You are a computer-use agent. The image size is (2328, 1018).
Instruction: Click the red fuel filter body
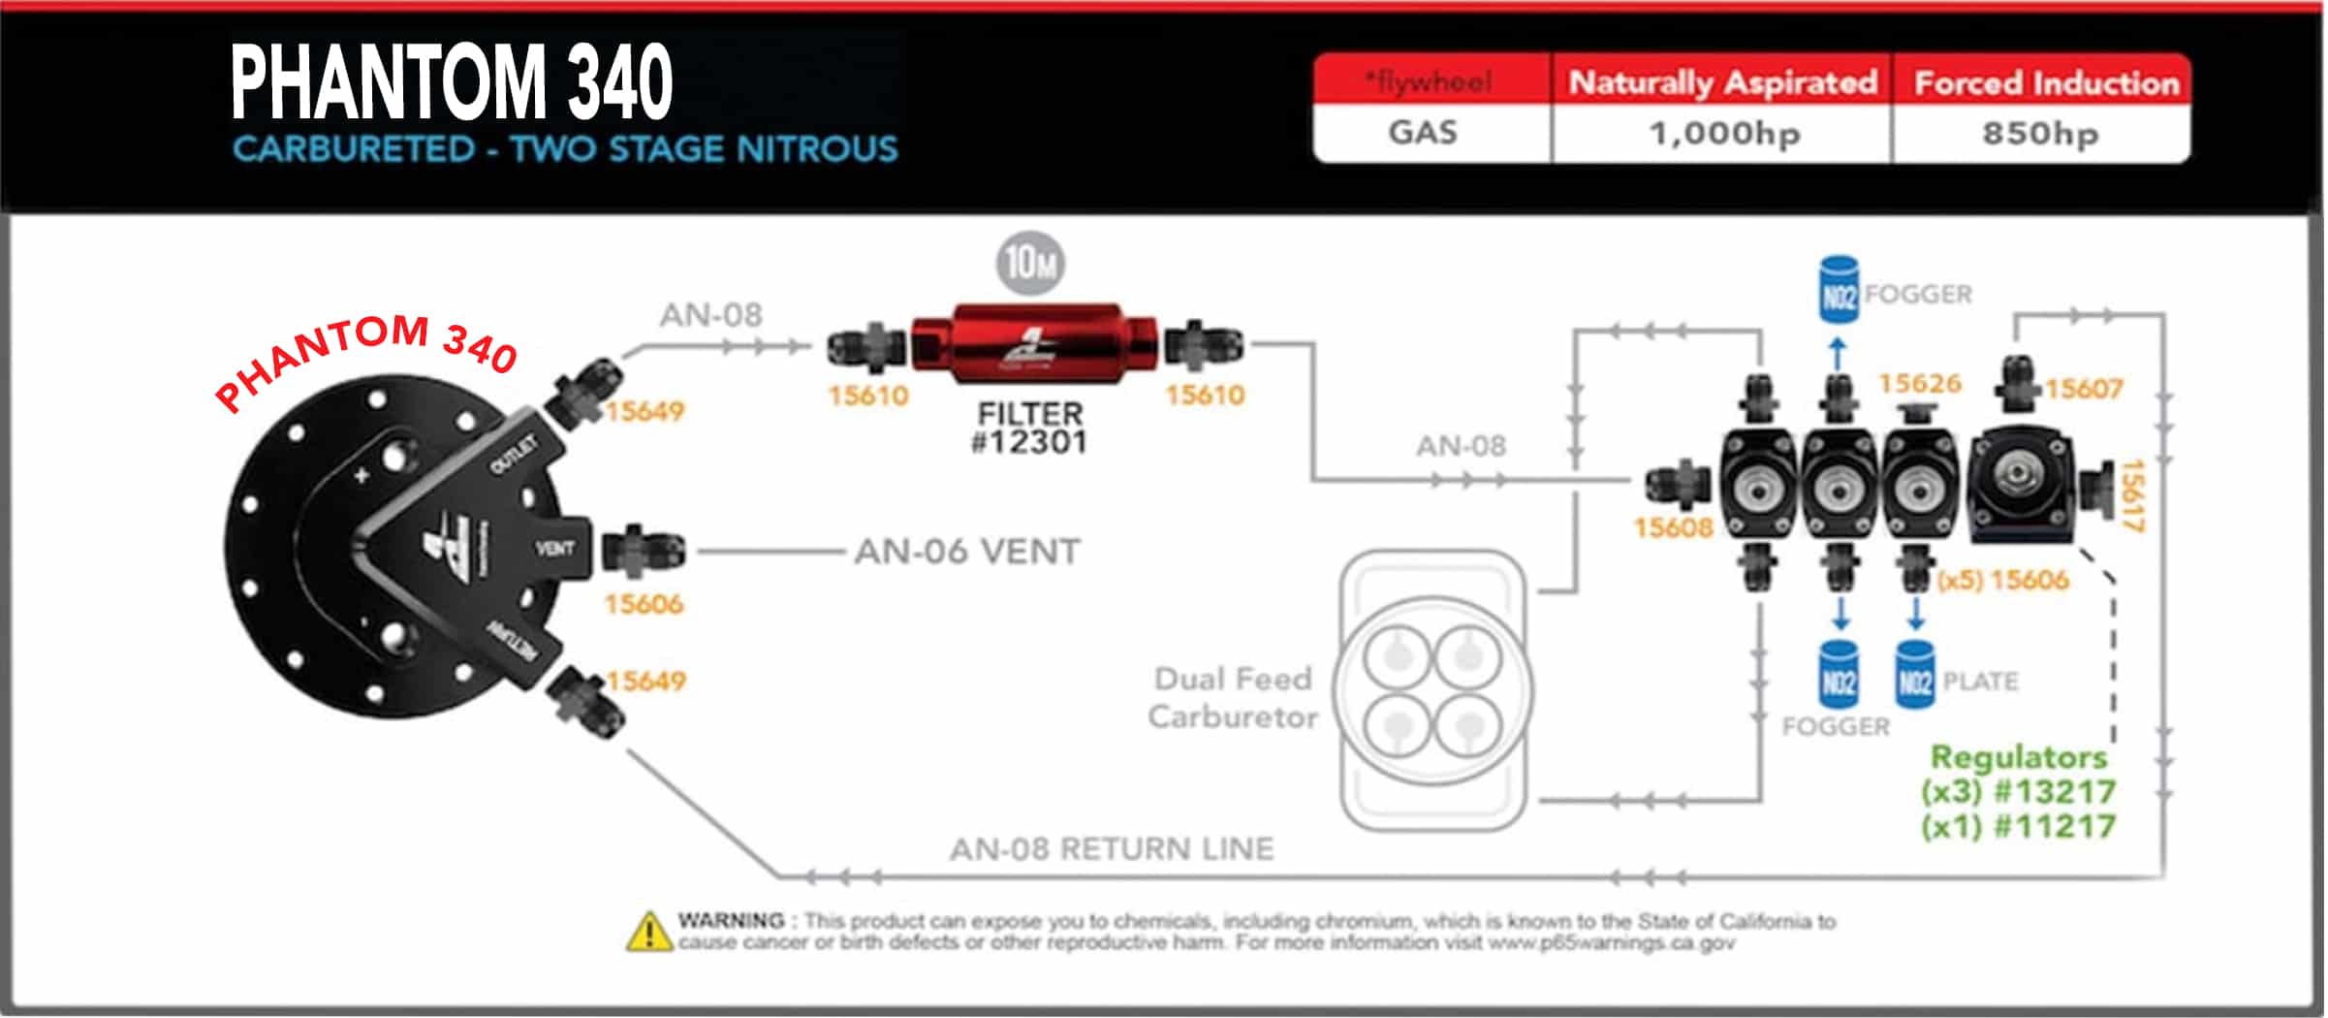point(1032,341)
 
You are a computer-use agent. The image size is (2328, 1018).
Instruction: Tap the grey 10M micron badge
point(1030,263)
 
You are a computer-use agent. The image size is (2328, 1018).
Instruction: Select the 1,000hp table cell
point(1723,133)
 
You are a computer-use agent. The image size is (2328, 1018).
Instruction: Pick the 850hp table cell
point(2040,133)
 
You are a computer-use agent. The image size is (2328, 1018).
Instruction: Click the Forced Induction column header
point(2046,83)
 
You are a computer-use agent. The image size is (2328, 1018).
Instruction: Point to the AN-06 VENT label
point(966,552)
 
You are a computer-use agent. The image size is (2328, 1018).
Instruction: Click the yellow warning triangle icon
point(648,933)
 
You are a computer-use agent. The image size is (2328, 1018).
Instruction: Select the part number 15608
point(1673,528)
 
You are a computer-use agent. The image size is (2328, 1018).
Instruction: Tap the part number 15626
point(1919,384)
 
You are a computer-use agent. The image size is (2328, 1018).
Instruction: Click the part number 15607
point(2084,389)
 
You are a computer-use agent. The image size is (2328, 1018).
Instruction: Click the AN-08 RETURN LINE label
point(1111,849)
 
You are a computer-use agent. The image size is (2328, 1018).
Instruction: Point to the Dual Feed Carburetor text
point(1233,697)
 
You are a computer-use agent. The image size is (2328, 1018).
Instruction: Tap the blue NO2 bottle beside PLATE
point(1914,676)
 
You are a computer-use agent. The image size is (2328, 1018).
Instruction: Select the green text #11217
point(2054,827)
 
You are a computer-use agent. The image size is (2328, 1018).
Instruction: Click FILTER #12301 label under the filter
point(1029,428)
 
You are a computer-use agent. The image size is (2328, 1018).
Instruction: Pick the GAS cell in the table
point(1422,132)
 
